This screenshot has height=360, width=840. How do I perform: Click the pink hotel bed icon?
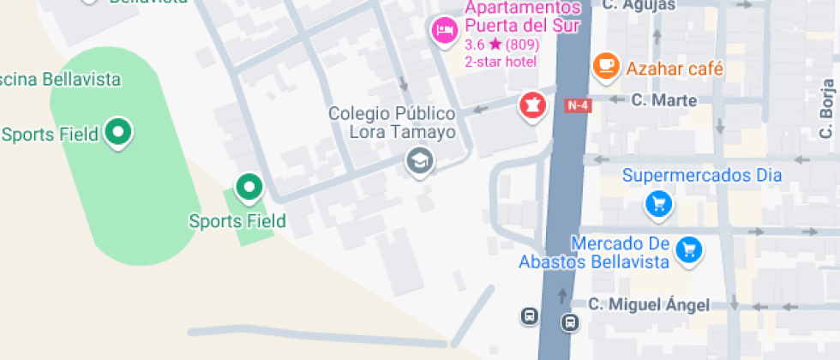coord(444,31)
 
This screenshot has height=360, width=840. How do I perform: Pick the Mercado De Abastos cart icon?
coord(687,249)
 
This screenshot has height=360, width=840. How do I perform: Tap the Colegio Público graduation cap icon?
coord(419,160)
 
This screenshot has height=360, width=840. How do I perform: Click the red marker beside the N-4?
coord(532,106)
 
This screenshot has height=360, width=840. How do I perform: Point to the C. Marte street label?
coord(664,100)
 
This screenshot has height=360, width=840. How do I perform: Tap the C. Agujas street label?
coord(639,5)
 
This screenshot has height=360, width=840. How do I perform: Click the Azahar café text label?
coord(675,69)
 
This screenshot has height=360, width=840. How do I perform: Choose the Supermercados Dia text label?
coord(702,176)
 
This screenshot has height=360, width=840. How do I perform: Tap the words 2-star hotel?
coord(501,61)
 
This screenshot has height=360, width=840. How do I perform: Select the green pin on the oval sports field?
coord(118,132)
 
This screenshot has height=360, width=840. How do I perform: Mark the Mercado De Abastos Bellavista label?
coord(593,253)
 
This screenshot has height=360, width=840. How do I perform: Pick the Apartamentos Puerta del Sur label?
coord(522,16)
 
